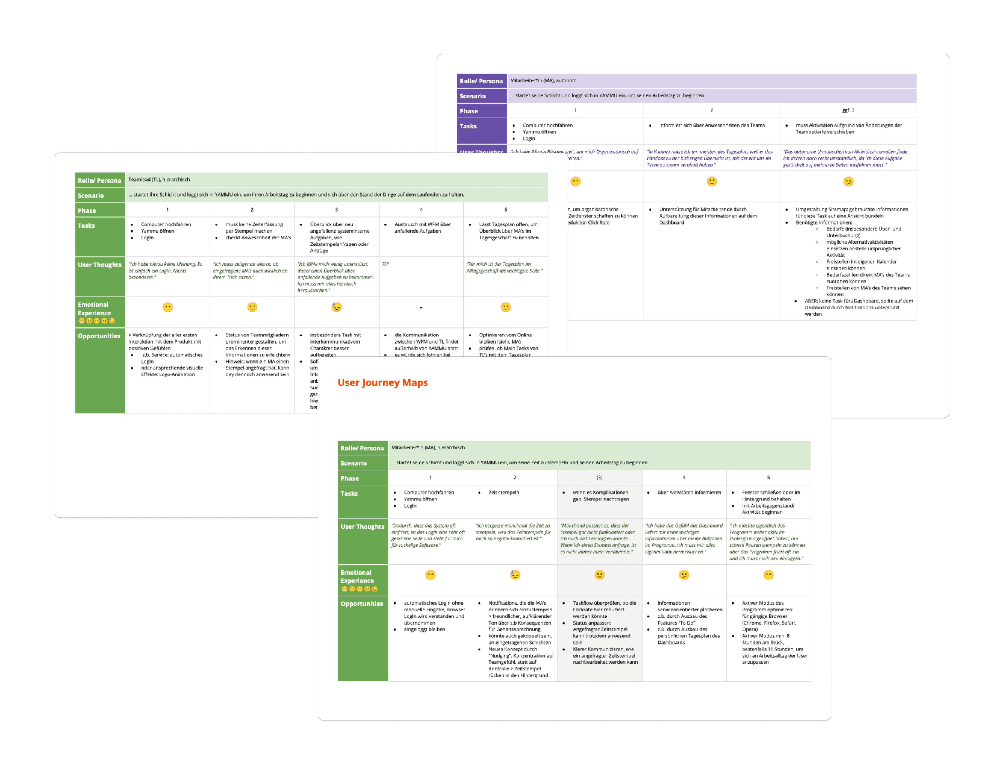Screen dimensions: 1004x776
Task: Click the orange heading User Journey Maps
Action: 382,382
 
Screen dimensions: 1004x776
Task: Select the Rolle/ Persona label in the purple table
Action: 481,81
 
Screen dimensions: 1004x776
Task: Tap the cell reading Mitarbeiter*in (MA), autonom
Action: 543,80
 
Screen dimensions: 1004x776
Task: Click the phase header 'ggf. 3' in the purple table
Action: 848,110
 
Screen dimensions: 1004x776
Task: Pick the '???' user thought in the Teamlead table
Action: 385,264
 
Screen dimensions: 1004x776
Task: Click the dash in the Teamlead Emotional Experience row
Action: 421,308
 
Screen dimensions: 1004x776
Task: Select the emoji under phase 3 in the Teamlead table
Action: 337,307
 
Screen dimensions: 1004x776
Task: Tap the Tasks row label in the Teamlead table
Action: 87,226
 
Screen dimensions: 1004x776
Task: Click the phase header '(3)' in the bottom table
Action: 599,478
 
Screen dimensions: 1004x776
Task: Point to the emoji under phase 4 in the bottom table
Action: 684,575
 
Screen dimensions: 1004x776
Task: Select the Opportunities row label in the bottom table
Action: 362,604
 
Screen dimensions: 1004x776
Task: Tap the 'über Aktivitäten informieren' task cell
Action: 689,492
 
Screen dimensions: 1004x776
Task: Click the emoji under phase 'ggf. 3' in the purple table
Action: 848,182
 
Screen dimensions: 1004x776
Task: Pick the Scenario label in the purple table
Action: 473,96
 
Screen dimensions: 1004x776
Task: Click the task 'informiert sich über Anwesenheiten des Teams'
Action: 712,125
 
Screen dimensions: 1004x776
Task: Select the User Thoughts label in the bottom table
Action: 362,527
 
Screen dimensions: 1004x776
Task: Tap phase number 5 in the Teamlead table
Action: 506,210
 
